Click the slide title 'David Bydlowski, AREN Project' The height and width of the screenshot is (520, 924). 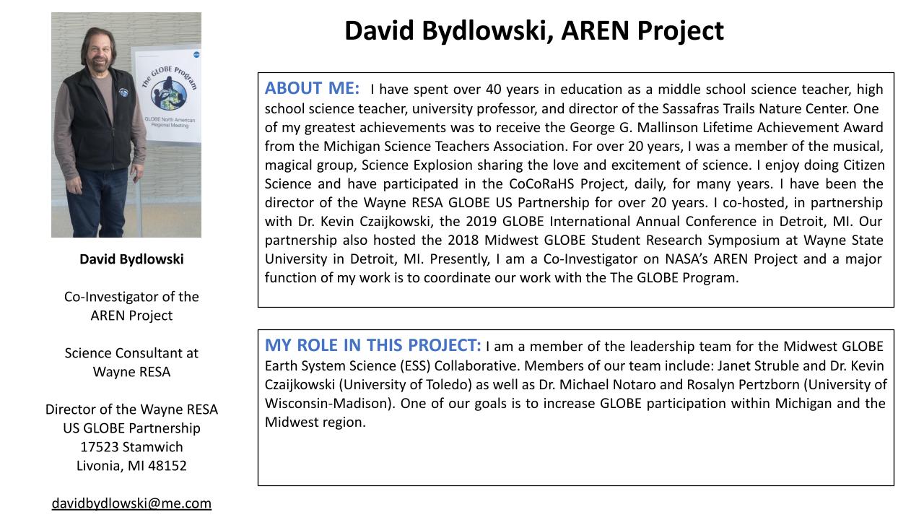click(533, 31)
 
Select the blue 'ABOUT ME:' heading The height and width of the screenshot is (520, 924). click(312, 88)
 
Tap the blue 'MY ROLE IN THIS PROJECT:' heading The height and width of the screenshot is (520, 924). click(372, 345)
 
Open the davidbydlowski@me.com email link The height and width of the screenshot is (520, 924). click(131, 503)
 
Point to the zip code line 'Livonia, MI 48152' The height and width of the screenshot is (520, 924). click(131, 466)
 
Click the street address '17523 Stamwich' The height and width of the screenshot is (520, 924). click(131, 447)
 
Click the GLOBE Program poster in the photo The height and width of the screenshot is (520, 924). click(167, 94)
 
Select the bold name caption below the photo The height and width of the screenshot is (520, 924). click(131, 259)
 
